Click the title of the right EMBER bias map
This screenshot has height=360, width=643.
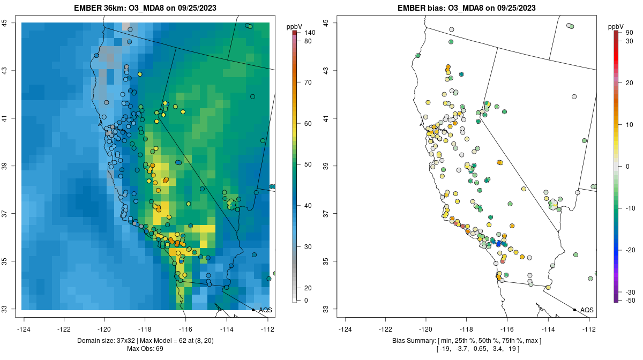[x=467, y=8]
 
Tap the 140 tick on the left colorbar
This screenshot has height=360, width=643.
[x=309, y=33]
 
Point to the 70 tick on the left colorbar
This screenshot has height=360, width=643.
[x=308, y=82]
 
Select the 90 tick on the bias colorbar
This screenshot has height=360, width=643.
[x=629, y=33]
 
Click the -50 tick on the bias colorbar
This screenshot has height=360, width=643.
[x=629, y=300]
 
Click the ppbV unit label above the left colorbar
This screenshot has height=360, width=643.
[x=295, y=26]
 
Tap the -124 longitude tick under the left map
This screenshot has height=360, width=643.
[x=24, y=328]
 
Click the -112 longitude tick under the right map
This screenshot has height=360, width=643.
[x=589, y=328]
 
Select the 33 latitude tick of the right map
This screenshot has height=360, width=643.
[x=326, y=309]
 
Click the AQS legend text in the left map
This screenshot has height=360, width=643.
[x=265, y=310]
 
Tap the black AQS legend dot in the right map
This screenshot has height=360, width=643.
[x=574, y=310]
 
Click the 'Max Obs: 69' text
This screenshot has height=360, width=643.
[x=145, y=349]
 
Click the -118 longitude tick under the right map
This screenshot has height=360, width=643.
[x=467, y=328]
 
